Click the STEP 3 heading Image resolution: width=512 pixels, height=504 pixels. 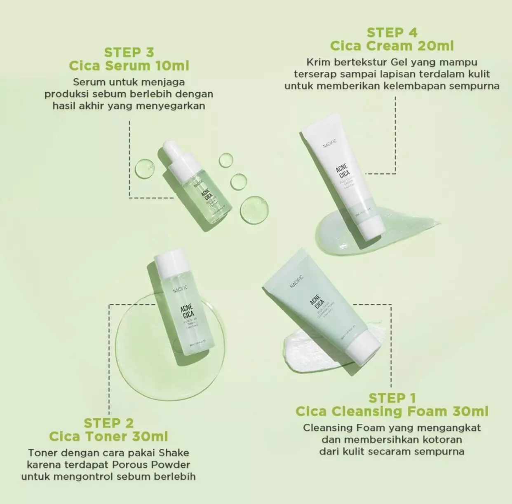tap(129, 52)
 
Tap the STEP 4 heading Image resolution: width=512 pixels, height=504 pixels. tap(392, 33)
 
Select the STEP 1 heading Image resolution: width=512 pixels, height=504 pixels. tap(392, 398)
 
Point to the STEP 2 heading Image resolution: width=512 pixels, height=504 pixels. tap(108, 423)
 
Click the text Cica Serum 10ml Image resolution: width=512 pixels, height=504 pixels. tap(129, 65)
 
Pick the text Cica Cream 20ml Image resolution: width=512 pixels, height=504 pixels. tap(392, 46)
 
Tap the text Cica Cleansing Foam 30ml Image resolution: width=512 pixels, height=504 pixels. tap(392, 411)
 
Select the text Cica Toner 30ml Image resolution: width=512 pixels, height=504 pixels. tap(108, 436)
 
